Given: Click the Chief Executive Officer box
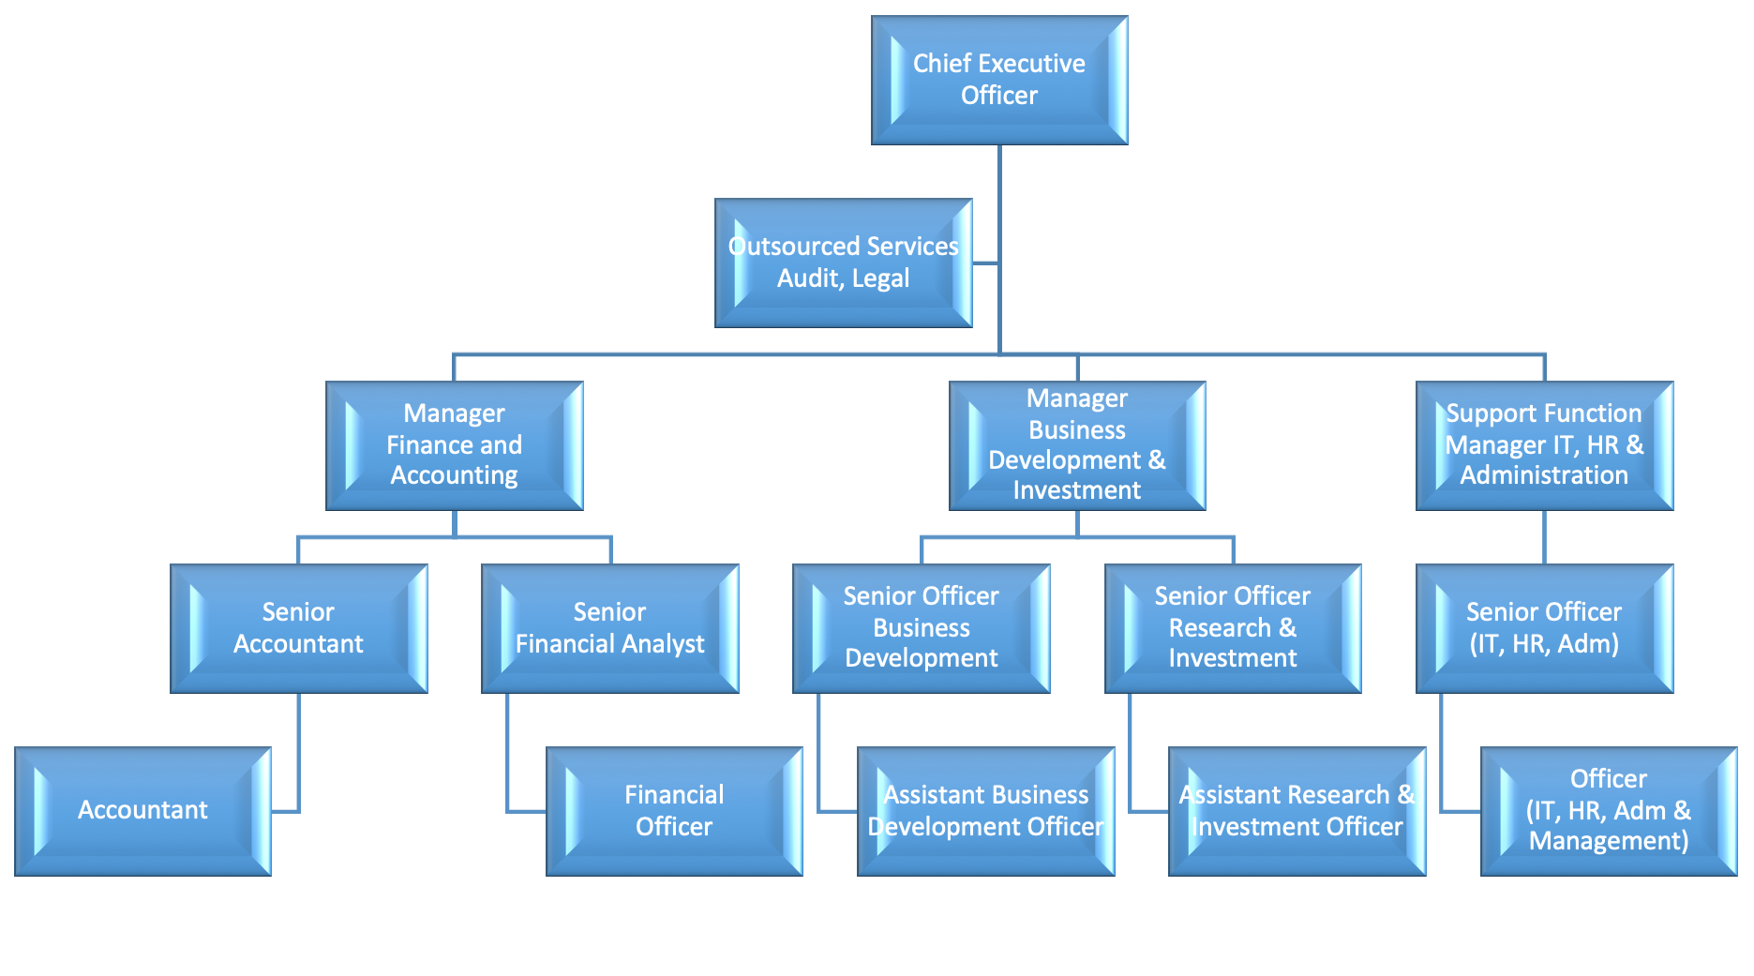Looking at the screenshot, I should coord(999,80).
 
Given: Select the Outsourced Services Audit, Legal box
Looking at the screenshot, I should coord(843,263).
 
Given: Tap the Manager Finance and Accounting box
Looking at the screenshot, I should coord(454,445).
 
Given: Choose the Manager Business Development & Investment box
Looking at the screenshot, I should coord(1077,445).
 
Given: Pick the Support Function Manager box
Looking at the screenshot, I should coord(1544,445).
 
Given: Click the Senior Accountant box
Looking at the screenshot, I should coord(298,628).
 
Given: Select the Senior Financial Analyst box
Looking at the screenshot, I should coord(609,628).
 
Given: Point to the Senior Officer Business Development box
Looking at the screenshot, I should coord(921,628).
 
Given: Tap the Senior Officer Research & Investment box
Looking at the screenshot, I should coord(1233,628).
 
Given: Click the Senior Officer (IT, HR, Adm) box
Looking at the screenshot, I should coord(1544,628).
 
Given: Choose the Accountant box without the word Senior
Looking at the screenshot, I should coord(142,811).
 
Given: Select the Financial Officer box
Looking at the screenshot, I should coord(674,811).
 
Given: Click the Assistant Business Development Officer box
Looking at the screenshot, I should coord(985,811).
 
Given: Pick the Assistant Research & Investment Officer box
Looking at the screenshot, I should coord(1297,811).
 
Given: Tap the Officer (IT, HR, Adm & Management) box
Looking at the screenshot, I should coord(1609,811).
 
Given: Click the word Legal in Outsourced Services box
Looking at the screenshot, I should coord(880,278).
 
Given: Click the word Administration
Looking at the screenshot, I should coord(1544,475).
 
